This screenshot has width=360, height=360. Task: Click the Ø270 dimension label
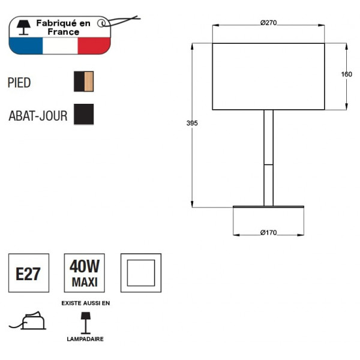click(268, 22)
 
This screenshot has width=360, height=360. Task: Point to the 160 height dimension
click(346, 74)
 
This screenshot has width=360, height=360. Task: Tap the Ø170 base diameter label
click(268, 233)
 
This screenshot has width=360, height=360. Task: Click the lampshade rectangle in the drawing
click(268, 76)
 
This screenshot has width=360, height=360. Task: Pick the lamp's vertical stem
click(268, 157)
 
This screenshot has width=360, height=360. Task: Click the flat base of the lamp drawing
click(268, 207)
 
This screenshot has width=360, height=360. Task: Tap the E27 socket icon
click(28, 274)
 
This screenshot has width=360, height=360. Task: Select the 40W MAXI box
click(85, 274)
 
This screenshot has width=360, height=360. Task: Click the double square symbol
click(141, 274)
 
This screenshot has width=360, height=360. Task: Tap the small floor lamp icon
click(85, 321)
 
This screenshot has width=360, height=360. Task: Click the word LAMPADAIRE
click(85, 339)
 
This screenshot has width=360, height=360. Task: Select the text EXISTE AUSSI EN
click(85, 303)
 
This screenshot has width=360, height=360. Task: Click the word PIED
click(19, 82)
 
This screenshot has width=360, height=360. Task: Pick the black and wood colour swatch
click(84, 82)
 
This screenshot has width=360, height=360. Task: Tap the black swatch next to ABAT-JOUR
click(84, 114)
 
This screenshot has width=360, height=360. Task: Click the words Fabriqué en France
click(63, 27)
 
